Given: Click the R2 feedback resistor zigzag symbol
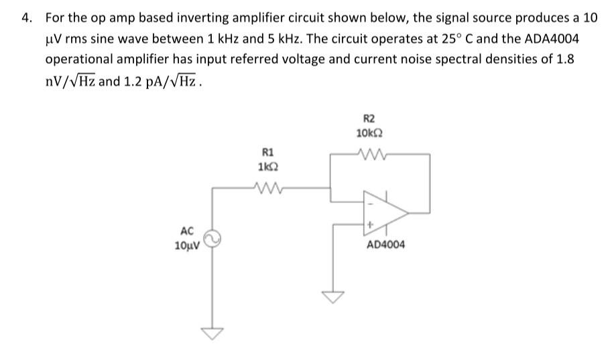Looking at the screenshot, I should [x=369, y=154].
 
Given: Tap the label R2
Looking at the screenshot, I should [x=369, y=117].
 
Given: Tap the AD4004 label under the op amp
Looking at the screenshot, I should [x=385, y=245].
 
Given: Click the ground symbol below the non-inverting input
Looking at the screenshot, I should [x=333, y=296].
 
